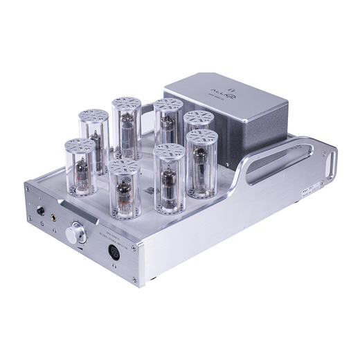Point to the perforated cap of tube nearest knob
[x=125, y=167]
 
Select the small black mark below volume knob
[x=80, y=249]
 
